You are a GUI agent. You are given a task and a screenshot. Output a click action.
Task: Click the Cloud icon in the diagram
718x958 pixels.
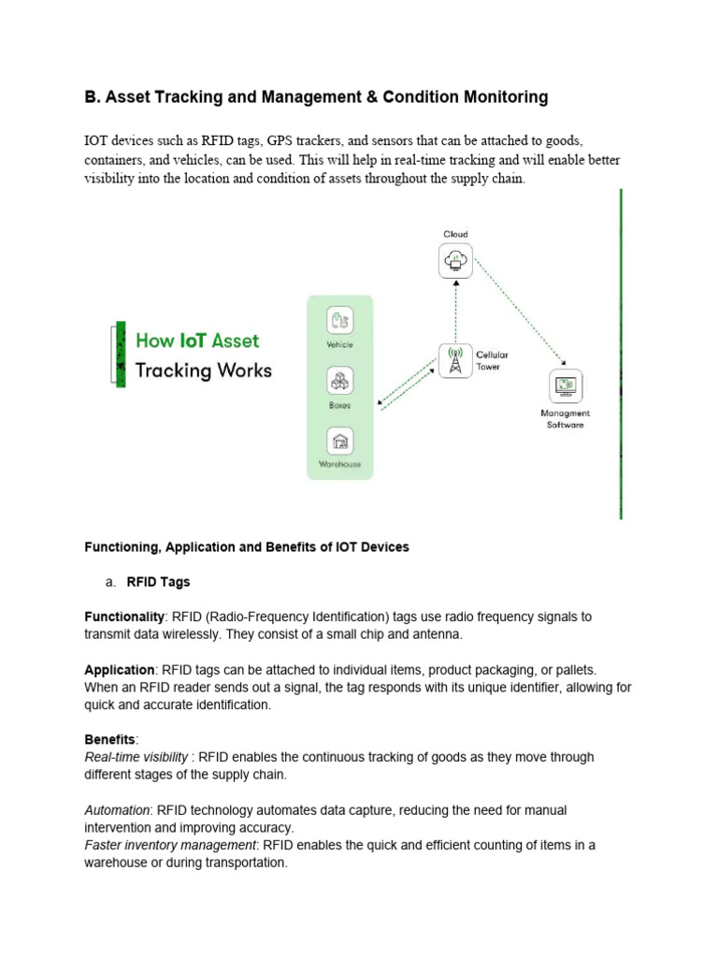coord(455,260)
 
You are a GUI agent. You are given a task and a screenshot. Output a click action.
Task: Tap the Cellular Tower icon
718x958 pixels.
coord(455,361)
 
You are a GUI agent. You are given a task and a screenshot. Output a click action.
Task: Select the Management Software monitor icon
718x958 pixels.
coord(565,385)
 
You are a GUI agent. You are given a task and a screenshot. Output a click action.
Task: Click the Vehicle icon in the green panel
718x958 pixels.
coord(339,320)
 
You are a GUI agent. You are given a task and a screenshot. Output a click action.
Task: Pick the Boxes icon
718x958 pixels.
coord(339,381)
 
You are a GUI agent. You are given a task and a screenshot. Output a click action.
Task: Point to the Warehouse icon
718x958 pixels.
coord(339,441)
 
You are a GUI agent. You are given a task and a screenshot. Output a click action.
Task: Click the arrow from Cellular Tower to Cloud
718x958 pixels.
coord(455,310)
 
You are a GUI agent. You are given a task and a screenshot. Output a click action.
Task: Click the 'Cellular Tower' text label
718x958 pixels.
coord(492,361)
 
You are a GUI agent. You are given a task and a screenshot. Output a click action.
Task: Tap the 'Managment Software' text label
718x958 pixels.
coord(565,418)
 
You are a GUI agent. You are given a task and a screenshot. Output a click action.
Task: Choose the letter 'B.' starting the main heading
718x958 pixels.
coord(92,97)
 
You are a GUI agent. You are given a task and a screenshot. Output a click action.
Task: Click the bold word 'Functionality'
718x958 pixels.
coord(124,617)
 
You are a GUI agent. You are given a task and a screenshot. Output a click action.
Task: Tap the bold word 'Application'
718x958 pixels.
coord(120,670)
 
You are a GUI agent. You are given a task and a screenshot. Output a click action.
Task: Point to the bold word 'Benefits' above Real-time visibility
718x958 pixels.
coord(109,739)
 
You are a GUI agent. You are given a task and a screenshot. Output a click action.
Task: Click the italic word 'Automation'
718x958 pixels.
coord(117,809)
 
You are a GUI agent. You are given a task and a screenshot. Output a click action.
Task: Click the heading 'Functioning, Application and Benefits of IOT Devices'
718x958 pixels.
coord(247,546)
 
